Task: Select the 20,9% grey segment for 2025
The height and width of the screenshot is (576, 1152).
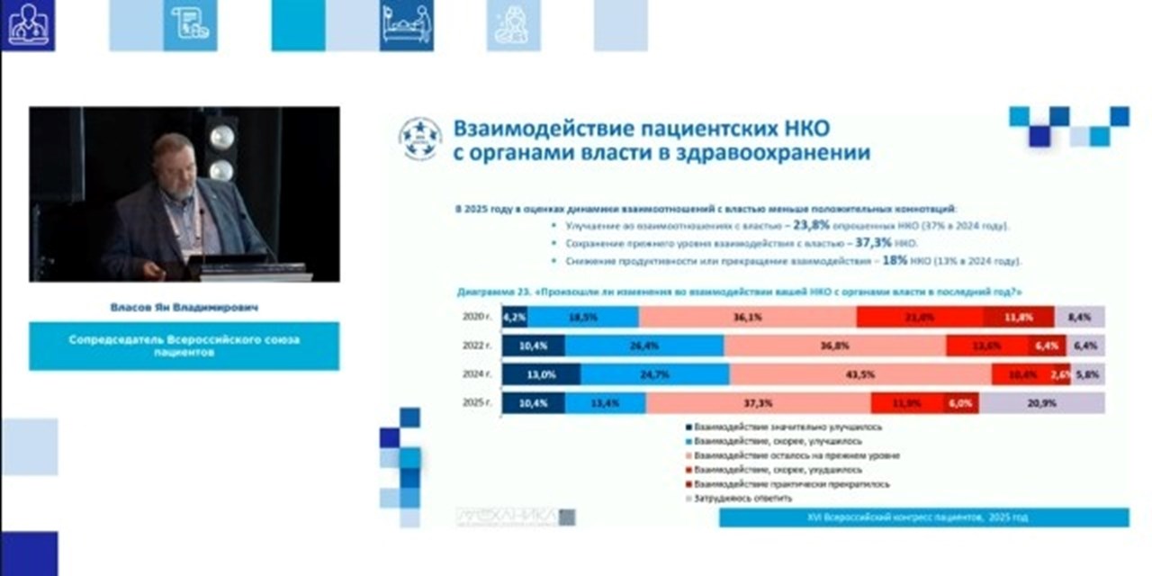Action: pyautogui.click(x=1041, y=404)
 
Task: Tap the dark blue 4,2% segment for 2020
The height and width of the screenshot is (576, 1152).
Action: pyautogui.click(x=514, y=317)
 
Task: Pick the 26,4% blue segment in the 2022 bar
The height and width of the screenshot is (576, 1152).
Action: pyautogui.click(x=644, y=346)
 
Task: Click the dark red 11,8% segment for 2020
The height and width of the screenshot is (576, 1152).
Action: pyautogui.click(x=1018, y=317)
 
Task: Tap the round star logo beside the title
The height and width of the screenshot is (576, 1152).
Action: pyautogui.click(x=420, y=139)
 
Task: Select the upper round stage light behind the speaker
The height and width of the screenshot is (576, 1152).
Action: pyautogui.click(x=221, y=135)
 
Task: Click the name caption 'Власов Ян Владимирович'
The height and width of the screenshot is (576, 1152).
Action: pyautogui.click(x=184, y=307)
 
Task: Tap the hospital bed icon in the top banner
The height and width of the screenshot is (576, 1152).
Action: pyautogui.click(x=406, y=25)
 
